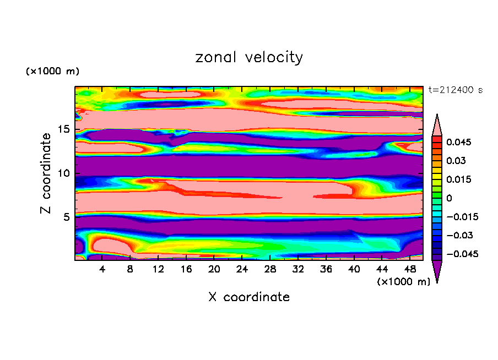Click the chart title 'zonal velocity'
(249, 57)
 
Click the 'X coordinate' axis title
(249, 297)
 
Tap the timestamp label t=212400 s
(456, 90)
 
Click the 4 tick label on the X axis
(102, 270)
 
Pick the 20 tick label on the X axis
(214, 270)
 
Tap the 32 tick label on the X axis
(298, 270)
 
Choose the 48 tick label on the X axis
(409, 270)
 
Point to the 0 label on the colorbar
(449, 198)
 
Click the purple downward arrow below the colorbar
(437, 271)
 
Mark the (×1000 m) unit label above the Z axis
(53, 72)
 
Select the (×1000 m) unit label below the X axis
(404, 281)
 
